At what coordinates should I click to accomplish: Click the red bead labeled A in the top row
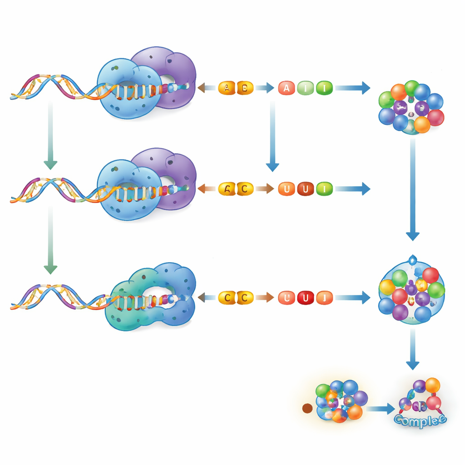[286, 88]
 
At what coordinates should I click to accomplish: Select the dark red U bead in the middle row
[305, 188]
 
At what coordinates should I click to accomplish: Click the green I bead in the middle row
[324, 188]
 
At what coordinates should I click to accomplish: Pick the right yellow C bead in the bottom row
[245, 297]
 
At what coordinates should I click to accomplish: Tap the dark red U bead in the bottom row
[305, 297]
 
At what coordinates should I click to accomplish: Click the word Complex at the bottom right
[420, 419]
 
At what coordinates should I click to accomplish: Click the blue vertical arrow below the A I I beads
[272, 136]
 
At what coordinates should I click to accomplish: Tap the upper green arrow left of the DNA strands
[50, 136]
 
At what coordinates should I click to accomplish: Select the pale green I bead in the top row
[305, 88]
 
